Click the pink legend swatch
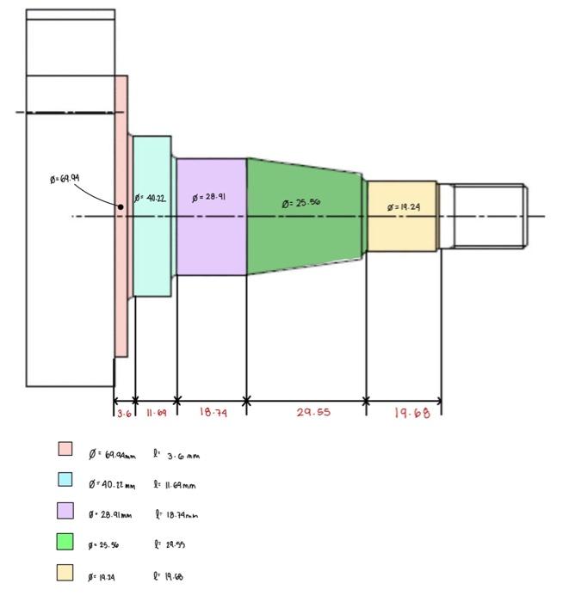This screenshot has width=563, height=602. point(65,449)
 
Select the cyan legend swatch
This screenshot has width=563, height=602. point(65,479)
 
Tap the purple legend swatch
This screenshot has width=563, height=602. point(65,510)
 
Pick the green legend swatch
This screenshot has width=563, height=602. point(65,542)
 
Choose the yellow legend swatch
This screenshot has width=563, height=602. point(65,572)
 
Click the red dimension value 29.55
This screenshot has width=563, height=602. point(313,413)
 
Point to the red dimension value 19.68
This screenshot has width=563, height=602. point(411,414)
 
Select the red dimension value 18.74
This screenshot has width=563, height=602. point(213,413)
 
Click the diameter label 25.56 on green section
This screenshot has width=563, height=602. point(301,204)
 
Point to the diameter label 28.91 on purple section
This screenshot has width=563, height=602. point(209,197)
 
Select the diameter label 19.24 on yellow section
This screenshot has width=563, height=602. point(404,207)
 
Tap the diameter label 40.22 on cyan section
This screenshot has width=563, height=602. point(150,199)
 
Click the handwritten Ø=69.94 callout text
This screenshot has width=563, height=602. point(65,179)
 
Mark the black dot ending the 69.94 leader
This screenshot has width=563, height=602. point(121,206)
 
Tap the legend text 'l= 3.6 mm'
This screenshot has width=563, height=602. point(176,455)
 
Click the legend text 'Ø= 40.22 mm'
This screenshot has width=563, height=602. point(111,485)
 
